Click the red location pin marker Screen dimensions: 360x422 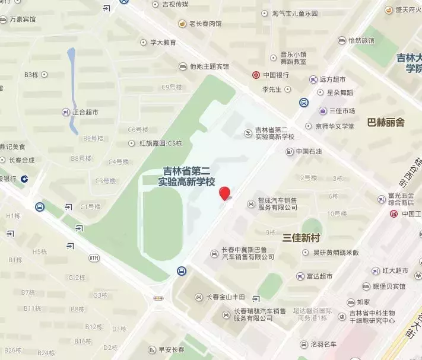click(x=224, y=193)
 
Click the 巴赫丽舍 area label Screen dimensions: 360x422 click(x=386, y=123)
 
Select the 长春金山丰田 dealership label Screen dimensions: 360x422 click(x=223, y=297)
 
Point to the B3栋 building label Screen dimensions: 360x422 click(x=31, y=75)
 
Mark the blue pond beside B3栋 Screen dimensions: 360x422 click(x=72, y=89)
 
